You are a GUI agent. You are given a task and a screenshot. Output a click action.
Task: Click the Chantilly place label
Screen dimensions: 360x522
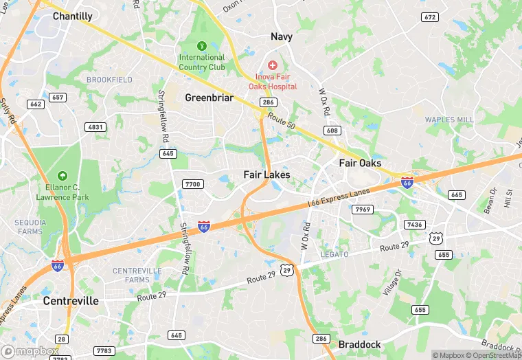[x=72, y=16]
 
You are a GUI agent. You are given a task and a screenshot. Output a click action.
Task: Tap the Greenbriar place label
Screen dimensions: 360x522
[x=209, y=98]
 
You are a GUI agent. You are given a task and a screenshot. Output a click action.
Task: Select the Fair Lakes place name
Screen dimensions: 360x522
[x=267, y=175]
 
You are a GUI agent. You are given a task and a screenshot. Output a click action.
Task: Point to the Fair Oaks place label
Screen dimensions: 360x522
[x=361, y=163]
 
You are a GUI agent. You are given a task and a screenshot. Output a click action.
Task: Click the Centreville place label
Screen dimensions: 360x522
[x=71, y=301]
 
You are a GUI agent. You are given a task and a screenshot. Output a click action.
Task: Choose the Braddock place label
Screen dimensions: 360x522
[x=360, y=344]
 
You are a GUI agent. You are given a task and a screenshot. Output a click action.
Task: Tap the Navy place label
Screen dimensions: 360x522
[x=282, y=36]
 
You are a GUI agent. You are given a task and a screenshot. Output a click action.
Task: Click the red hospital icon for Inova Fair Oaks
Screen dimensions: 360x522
[x=273, y=65]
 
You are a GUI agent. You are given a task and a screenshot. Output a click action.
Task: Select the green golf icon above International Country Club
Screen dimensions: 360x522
[x=201, y=46]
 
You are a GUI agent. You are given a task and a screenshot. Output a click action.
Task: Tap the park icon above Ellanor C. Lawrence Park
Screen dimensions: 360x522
[x=63, y=176]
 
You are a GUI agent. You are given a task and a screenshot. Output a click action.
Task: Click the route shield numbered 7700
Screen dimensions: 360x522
[x=194, y=184]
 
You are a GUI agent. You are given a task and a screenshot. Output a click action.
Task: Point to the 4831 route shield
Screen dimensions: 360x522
[x=95, y=127]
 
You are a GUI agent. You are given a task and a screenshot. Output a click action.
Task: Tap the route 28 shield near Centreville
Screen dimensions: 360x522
[x=62, y=339]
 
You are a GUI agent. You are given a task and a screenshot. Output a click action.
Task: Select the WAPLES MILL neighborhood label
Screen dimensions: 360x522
[x=449, y=120]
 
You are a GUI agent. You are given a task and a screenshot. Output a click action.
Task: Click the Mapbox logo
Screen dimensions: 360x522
[x=31, y=351]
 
